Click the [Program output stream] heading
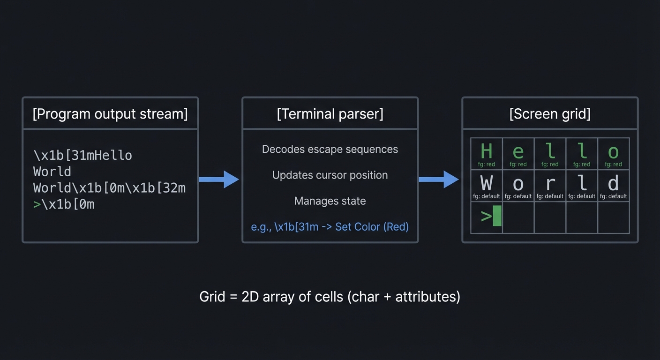(x=110, y=114)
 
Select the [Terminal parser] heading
(x=330, y=114)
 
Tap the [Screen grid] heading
(x=550, y=114)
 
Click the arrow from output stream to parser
(x=219, y=179)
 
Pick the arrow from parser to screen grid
(x=439, y=179)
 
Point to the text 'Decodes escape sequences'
(x=330, y=149)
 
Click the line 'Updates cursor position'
(x=330, y=175)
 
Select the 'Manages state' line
(x=330, y=201)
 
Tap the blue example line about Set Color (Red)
(x=330, y=227)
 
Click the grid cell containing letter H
(x=487, y=154)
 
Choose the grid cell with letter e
(x=518, y=154)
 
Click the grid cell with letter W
(x=487, y=186)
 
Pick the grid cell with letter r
(x=550, y=186)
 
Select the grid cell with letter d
(x=613, y=186)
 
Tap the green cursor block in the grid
(x=497, y=216)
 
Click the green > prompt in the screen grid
(x=486, y=216)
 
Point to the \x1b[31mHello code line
(x=82, y=155)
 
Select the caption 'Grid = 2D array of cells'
(x=330, y=297)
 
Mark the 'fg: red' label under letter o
(x=613, y=165)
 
